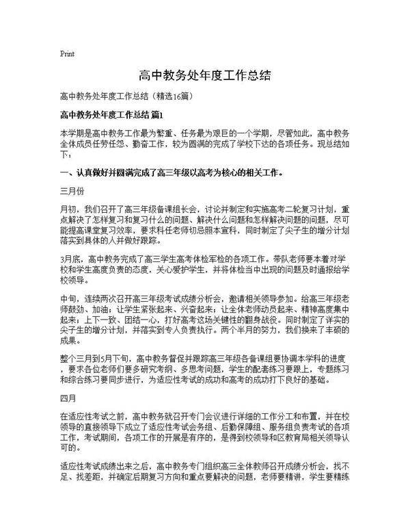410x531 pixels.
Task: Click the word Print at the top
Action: pyautogui.click(x=67, y=53)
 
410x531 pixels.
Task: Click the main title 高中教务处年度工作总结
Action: pyautogui.click(x=204, y=75)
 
